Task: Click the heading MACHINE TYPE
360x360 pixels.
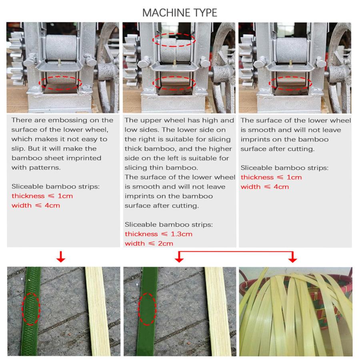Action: (x=180, y=13)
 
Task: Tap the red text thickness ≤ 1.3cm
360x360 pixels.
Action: (x=158, y=234)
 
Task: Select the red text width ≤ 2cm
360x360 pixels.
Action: (x=149, y=243)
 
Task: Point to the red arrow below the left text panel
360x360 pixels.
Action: (x=61, y=256)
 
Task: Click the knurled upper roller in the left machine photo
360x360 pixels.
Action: (x=61, y=48)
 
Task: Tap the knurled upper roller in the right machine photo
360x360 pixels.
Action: (x=292, y=50)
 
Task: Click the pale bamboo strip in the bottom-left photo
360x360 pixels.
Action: (x=98, y=311)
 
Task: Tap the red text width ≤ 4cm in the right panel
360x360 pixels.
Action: (x=265, y=187)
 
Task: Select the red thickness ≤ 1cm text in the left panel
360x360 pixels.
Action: (x=42, y=196)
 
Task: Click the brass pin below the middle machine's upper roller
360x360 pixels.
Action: (x=174, y=62)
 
